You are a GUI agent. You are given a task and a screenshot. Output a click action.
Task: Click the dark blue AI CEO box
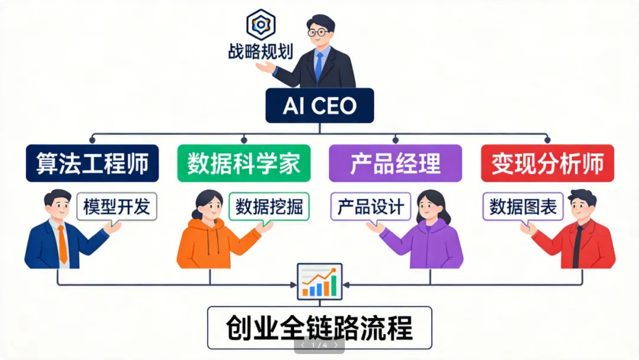[319, 105]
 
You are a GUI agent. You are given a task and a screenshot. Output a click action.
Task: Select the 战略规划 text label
[260, 50]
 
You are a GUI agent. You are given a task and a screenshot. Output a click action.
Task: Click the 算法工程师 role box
[92, 163]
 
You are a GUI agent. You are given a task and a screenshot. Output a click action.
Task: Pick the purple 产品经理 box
[395, 163]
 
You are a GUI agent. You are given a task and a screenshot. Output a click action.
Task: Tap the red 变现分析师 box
[547, 163]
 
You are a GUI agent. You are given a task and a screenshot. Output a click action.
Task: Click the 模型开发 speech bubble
[117, 207]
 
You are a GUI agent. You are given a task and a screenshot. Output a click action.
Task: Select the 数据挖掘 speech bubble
[269, 207]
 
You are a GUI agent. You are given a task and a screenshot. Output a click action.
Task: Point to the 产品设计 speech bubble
[370, 207]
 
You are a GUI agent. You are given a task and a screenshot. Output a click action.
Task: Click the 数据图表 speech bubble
[522, 207]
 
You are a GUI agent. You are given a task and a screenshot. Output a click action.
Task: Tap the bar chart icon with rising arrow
[319, 281]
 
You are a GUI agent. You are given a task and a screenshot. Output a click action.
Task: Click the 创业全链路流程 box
[319, 327]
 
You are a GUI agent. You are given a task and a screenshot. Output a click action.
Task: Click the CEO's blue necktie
[319, 65]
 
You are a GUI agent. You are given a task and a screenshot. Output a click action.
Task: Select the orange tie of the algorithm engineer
[62, 243]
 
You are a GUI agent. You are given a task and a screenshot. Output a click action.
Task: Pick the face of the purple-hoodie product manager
[428, 207]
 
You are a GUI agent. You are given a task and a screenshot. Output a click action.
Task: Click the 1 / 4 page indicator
[319, 345]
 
